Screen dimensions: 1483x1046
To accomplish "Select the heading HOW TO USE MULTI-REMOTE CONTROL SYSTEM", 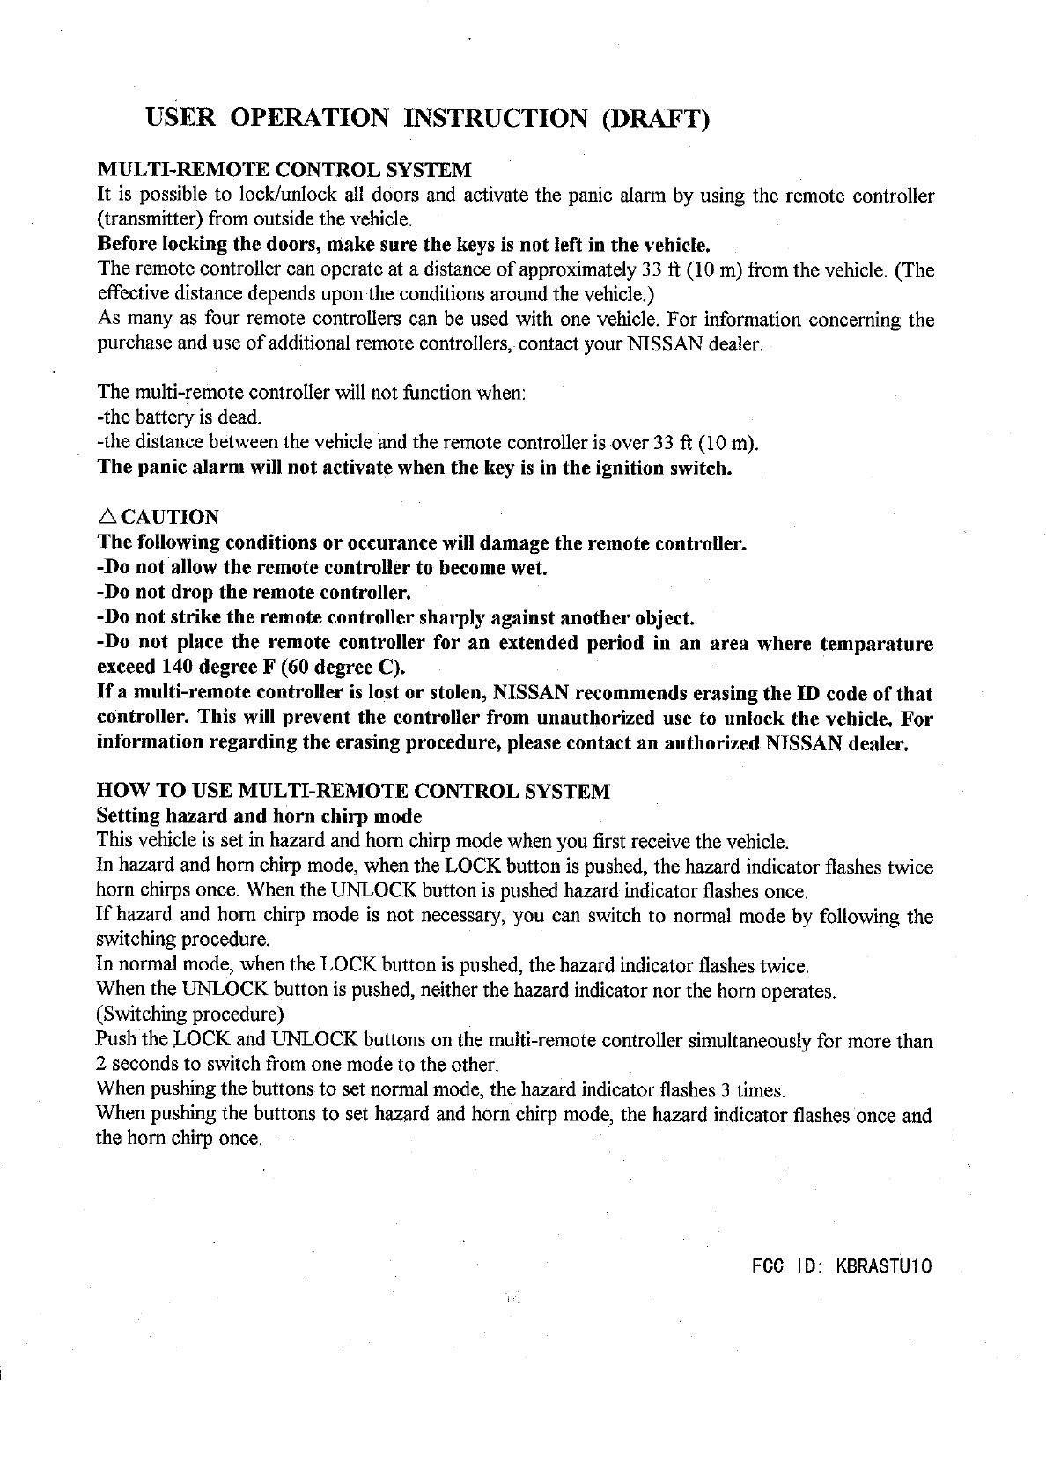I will (x=352, y=791).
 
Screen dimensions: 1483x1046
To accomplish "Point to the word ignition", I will (x=633, y=467).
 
